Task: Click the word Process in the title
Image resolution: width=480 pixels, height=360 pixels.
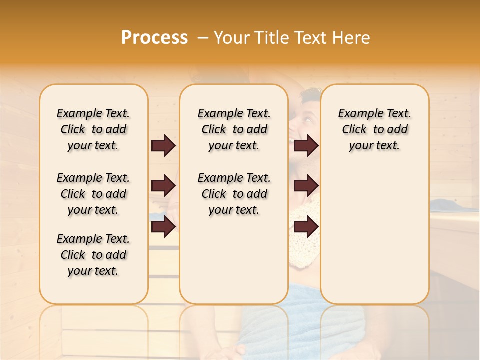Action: tap(154, 37)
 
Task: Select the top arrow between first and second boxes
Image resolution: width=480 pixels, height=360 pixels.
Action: tap(163, 146)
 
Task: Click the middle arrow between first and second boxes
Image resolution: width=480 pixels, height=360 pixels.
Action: tap(163, 186)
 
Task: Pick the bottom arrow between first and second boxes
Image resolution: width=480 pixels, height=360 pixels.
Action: tap(163, 227)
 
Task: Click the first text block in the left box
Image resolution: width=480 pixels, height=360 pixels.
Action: tap(93, 129)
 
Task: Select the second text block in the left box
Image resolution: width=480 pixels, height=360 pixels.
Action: tap(93, 194)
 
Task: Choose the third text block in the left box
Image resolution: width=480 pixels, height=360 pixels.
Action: tap(93, 255)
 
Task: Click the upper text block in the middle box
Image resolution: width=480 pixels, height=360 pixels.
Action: tap(234, 129)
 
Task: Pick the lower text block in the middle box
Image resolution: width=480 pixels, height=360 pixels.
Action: tap(234, 194)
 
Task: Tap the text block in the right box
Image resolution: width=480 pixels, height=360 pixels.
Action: tap(374, 129)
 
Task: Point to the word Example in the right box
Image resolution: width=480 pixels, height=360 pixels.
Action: tap(357, 113)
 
